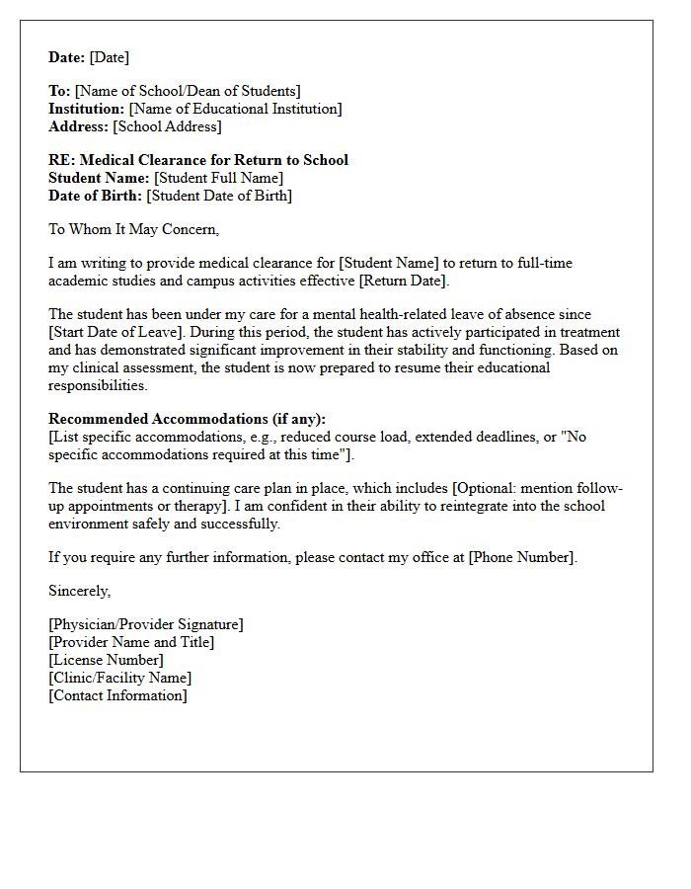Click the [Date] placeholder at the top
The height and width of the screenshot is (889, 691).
[x=110, y=57]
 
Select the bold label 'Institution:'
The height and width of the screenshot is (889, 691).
[x=87, y=109]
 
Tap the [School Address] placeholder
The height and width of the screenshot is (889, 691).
[x=168, y=126]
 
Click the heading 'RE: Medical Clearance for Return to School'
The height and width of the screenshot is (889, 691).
[x=198, y=160]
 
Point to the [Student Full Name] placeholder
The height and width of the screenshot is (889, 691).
[x=218, y=178]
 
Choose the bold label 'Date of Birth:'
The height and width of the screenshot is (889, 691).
[x=96, y=196]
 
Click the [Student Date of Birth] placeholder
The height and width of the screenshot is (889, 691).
[x=219, y=196]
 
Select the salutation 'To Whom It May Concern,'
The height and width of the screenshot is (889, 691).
[x=134, y=229]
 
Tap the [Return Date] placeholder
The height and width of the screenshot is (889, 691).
[x=403, y=281]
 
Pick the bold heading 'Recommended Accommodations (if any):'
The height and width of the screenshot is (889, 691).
[x=187, y=419]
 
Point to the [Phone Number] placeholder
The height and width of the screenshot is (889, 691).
[x=521, y=557]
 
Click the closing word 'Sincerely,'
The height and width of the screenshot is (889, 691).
[x=80, y=591]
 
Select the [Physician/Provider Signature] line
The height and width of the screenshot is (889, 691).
[x=146, y=624]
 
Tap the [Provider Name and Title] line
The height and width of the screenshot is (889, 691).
[x=131, y=642]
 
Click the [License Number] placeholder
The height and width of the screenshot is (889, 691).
[x=106, y=660]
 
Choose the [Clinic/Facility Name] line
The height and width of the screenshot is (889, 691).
[x=120, y=678]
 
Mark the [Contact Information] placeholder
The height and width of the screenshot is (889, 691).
[x=117, y=695]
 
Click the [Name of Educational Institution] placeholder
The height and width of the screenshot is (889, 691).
[x=236, y=109]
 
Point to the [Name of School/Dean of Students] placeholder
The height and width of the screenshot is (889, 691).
[x=189, y=91]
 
